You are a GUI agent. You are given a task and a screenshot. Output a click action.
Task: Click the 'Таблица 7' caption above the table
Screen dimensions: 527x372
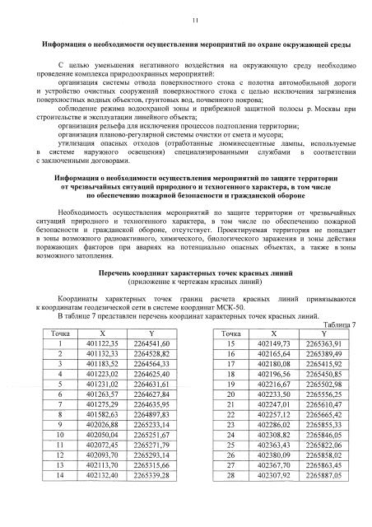(340, 325)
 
